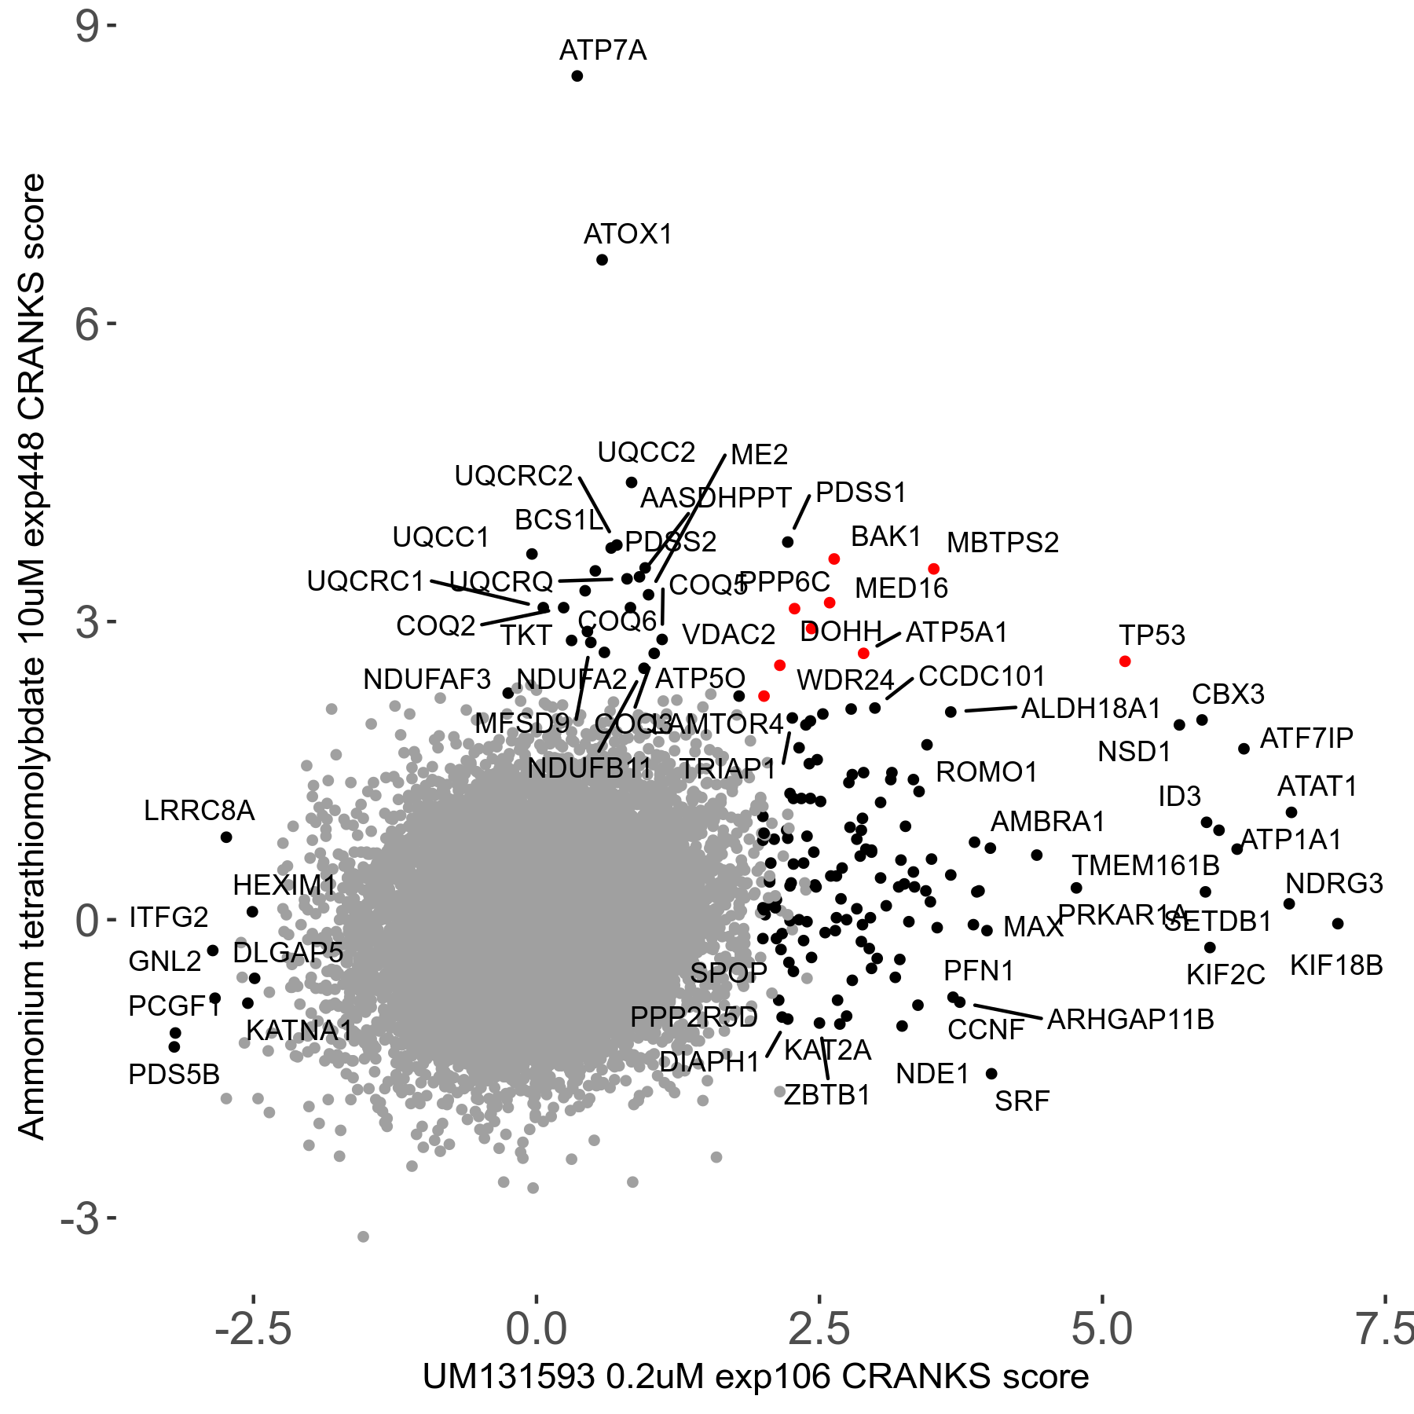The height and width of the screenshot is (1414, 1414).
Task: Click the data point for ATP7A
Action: coord(577,76)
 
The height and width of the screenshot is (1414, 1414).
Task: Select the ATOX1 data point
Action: coord(602,260)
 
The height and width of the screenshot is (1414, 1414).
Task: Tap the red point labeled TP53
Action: coord(1125,661)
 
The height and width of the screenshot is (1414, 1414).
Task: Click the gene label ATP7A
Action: coord(603,51)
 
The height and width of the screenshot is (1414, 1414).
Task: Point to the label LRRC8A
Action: coord(199,811)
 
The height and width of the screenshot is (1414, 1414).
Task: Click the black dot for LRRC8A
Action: coord(226,837)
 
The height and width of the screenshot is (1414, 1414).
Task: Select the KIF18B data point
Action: coord(1338,924)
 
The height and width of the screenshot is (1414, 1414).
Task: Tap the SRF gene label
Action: coord(1021,1102)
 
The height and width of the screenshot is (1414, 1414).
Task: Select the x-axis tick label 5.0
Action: coord(1102,1329)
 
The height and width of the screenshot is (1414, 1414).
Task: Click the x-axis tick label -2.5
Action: coord(253,1329)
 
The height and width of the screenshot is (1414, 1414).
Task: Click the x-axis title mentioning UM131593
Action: coord(756,1377)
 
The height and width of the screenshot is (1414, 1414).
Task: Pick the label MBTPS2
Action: coord(1002,543)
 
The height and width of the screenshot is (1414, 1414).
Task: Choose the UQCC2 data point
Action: coord(631,482)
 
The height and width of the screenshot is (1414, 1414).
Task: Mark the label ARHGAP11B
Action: coord(1130,1020)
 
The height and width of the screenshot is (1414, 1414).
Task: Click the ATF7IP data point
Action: coord(1244,749)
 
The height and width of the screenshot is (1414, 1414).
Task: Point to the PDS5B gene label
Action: coord(174,1075)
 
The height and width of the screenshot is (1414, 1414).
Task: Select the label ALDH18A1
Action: coord(1090,709)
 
